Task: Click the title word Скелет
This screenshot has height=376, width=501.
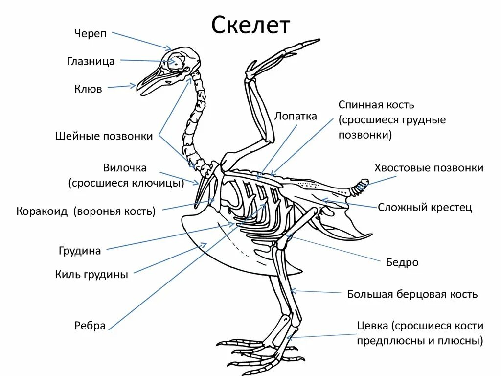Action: pos(250,26)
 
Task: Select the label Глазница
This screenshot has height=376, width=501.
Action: pos(91,61)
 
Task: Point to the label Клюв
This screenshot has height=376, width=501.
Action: pos(88,89)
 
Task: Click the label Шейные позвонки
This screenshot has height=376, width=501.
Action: pos(104,136)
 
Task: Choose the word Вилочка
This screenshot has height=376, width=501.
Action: pos(125,168)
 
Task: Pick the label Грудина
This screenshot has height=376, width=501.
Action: pos(79,251)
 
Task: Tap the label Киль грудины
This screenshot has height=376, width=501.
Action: pos(91,275)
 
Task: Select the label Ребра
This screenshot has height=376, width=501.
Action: pos(90,325)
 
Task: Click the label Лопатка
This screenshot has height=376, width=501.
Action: pos(296,116)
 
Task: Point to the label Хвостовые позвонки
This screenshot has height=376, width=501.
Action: pos(429,168)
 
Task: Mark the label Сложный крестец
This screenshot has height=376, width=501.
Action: pos(425,207)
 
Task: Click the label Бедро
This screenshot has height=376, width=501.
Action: pos(403,262)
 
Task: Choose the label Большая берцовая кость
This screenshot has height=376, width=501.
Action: pos(412,294)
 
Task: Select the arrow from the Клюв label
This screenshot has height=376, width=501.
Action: pos(121,87)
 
